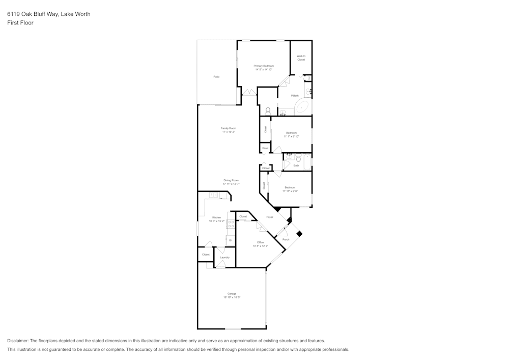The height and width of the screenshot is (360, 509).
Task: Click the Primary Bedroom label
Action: [264, 66]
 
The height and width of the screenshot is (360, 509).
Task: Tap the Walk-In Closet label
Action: [301, 58]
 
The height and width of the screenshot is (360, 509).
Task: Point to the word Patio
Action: [216, 76]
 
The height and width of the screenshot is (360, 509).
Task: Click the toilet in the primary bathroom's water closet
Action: [268, 109]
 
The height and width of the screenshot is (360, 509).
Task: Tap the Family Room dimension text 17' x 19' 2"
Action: [229, 132]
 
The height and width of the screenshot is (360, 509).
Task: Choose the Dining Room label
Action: [231, 180]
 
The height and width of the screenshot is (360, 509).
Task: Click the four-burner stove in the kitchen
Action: [231, 222]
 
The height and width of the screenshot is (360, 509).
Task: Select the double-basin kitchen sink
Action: [214, 195]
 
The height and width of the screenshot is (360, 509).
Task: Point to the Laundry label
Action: [224, 257]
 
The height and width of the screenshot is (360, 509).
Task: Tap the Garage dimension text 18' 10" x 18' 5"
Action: [232, 297]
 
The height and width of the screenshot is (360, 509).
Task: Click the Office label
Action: [260, 242]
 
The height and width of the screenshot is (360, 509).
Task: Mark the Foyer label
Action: [269, 217]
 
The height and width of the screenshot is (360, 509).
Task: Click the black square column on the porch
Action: [299, 234]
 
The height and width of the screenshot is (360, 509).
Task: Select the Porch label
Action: [286, 239]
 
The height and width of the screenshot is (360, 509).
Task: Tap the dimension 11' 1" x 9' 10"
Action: [291, 136]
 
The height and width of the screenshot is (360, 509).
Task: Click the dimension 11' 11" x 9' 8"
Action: [290, 190]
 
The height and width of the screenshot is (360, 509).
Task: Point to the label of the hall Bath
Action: [296, 165]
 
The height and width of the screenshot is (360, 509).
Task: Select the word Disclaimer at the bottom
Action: [18, 341]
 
